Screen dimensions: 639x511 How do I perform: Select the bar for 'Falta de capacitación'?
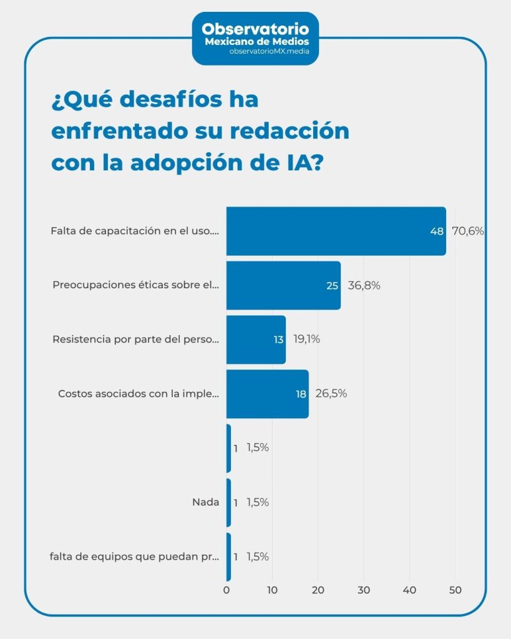point(336,231)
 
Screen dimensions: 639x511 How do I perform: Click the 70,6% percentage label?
point(468,231)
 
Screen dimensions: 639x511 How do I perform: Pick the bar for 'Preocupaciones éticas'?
point(283,286)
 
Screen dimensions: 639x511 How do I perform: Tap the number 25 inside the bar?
point(332,286)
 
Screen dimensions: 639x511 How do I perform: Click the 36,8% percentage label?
point(364,286)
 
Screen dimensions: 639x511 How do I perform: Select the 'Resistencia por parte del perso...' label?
point(136,340)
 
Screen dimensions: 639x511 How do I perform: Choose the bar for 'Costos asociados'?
point(267,394)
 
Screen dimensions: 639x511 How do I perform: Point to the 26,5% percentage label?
point(331,394)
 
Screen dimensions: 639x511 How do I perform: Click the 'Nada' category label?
point(205,502)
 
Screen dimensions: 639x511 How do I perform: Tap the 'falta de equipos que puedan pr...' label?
point(134,557)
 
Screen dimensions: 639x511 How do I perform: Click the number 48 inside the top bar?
point(436,231)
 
